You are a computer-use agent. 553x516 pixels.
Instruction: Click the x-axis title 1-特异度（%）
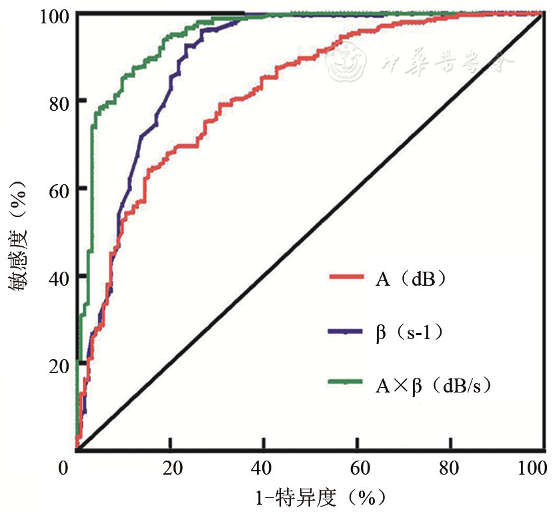[312, 499]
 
